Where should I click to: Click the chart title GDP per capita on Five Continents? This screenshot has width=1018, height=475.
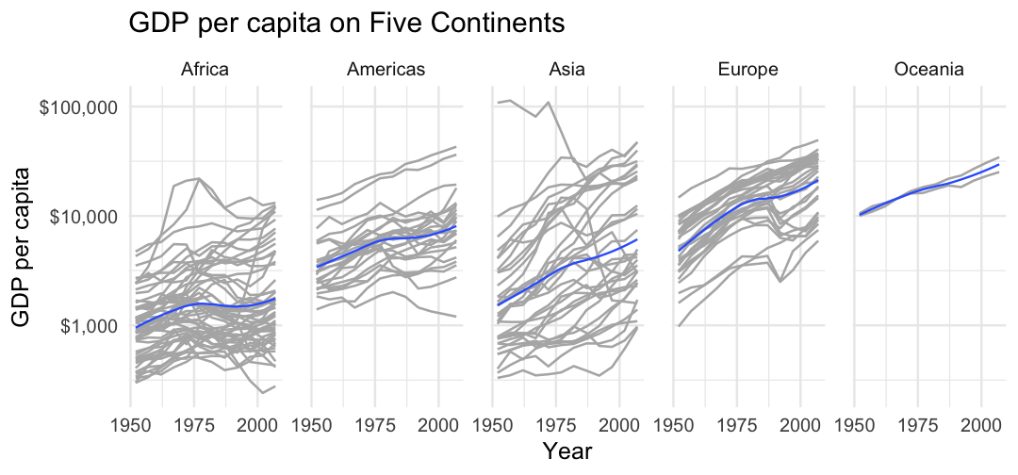click(x=346, y=24)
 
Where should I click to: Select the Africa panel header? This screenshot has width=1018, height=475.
click(x=205, y=70)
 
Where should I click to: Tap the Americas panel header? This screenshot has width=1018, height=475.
click(x=386, y=70)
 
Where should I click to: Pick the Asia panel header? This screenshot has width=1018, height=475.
click(x=566, y=70)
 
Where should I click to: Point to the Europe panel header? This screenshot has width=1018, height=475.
click(x=747, y=70)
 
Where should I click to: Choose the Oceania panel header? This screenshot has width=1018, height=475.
click(x=928, y=70)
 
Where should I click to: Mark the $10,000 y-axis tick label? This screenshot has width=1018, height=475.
click(x=82, y=216)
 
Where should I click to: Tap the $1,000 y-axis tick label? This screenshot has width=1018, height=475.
click(x=86, y=325)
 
